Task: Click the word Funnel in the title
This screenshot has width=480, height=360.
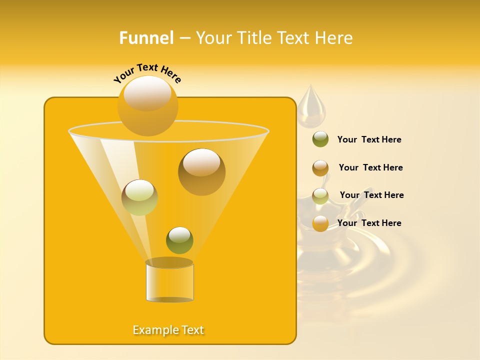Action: [x=146, y=38]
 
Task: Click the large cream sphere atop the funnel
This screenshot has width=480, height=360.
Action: [x=147, y=105]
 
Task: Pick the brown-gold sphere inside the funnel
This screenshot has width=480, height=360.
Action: [x=201, y=171]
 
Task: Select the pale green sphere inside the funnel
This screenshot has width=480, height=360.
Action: [x=139, y=197]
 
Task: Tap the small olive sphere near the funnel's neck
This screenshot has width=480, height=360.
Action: [x=179, y=240]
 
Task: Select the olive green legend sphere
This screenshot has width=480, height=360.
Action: [x=320, y=139]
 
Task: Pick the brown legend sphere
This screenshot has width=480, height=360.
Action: [x=320, y=168]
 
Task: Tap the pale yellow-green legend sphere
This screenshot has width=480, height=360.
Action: [x=320, y=195]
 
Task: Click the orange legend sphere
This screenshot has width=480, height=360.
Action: [x=320, y=223]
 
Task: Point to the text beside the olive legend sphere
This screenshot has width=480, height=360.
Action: [x=369, y=139]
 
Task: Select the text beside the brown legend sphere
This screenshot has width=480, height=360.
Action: [x=370, y=167]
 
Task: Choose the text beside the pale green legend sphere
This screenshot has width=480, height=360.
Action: [x=371, y=195]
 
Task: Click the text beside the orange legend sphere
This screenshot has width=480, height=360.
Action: [x=369, y=223]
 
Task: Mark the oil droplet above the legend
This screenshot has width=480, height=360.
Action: [x=311, y=107]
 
